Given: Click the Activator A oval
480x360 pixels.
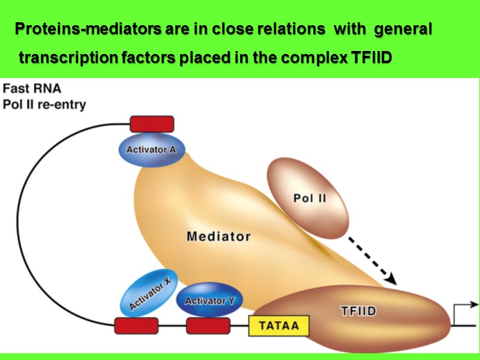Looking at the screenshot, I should pyautogui.click(x=151, y=149).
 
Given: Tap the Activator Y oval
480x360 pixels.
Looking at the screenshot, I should pyautogui.click(x=209, y=299).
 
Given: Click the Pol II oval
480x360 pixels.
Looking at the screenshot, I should pyautogui.click(x=310, y=198).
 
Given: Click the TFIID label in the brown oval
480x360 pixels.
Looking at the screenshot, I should pyautogui.click(x=358, y=311).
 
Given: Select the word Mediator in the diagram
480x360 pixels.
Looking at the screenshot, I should pyautogui.click(x=218, y=236).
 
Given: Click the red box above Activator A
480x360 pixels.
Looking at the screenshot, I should pyautogui.click(x=152, y=124).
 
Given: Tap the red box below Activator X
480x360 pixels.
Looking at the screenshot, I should pyautogui.click(x=136, y=326).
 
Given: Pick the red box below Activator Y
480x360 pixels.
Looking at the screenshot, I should pyautogui.click(x=208, y=326).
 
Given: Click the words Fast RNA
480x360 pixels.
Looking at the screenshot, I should pyautogui.click(x=32, y=88).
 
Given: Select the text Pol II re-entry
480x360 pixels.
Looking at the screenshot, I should pyautogui.click(x=45, y=105).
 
